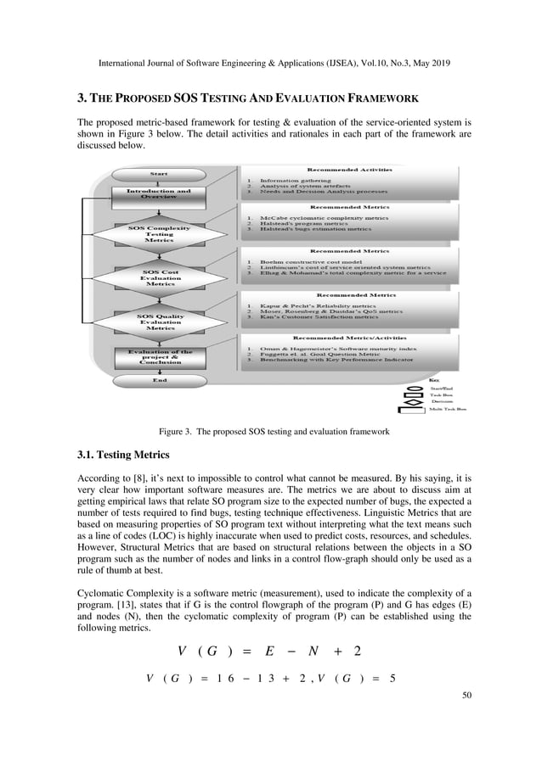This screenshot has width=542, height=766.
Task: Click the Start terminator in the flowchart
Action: [x=159, y=175]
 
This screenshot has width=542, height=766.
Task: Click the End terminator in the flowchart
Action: [x=159, y=380]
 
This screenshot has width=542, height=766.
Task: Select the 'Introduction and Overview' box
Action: [x=159, y=196]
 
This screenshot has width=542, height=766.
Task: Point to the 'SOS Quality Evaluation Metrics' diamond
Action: [x=160, y=321]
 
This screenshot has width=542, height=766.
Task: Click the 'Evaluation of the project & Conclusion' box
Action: [x=159, y=357]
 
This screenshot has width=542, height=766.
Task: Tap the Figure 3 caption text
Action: [x=270, y=432]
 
